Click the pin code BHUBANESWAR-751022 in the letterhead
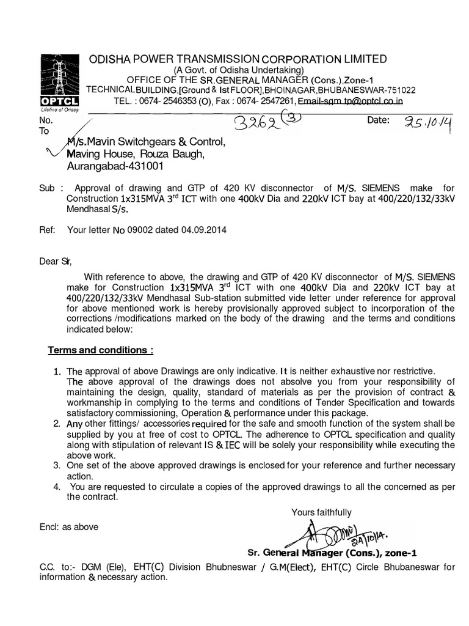pyautogui.click(x=374, y=89)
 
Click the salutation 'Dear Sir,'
pyautogui.click(x=55, y=262)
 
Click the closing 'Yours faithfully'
pyautogui.click(x=321, y=512)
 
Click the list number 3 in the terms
pyautogui.click(x=57, y=466)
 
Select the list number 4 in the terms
pyautogui.click(x=57, y=487)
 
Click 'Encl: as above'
pyautogui.click(x=68, y=526)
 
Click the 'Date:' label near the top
pyautogui.click(x=378, y=120)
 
